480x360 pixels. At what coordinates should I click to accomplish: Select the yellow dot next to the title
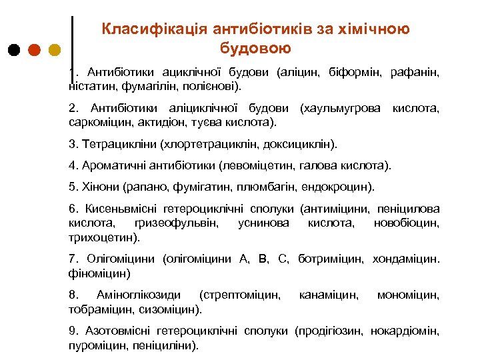tap(55, 50)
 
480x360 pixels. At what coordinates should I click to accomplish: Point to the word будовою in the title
tap(255, 48)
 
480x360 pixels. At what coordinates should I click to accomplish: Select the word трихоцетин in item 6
tap(101, 237)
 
